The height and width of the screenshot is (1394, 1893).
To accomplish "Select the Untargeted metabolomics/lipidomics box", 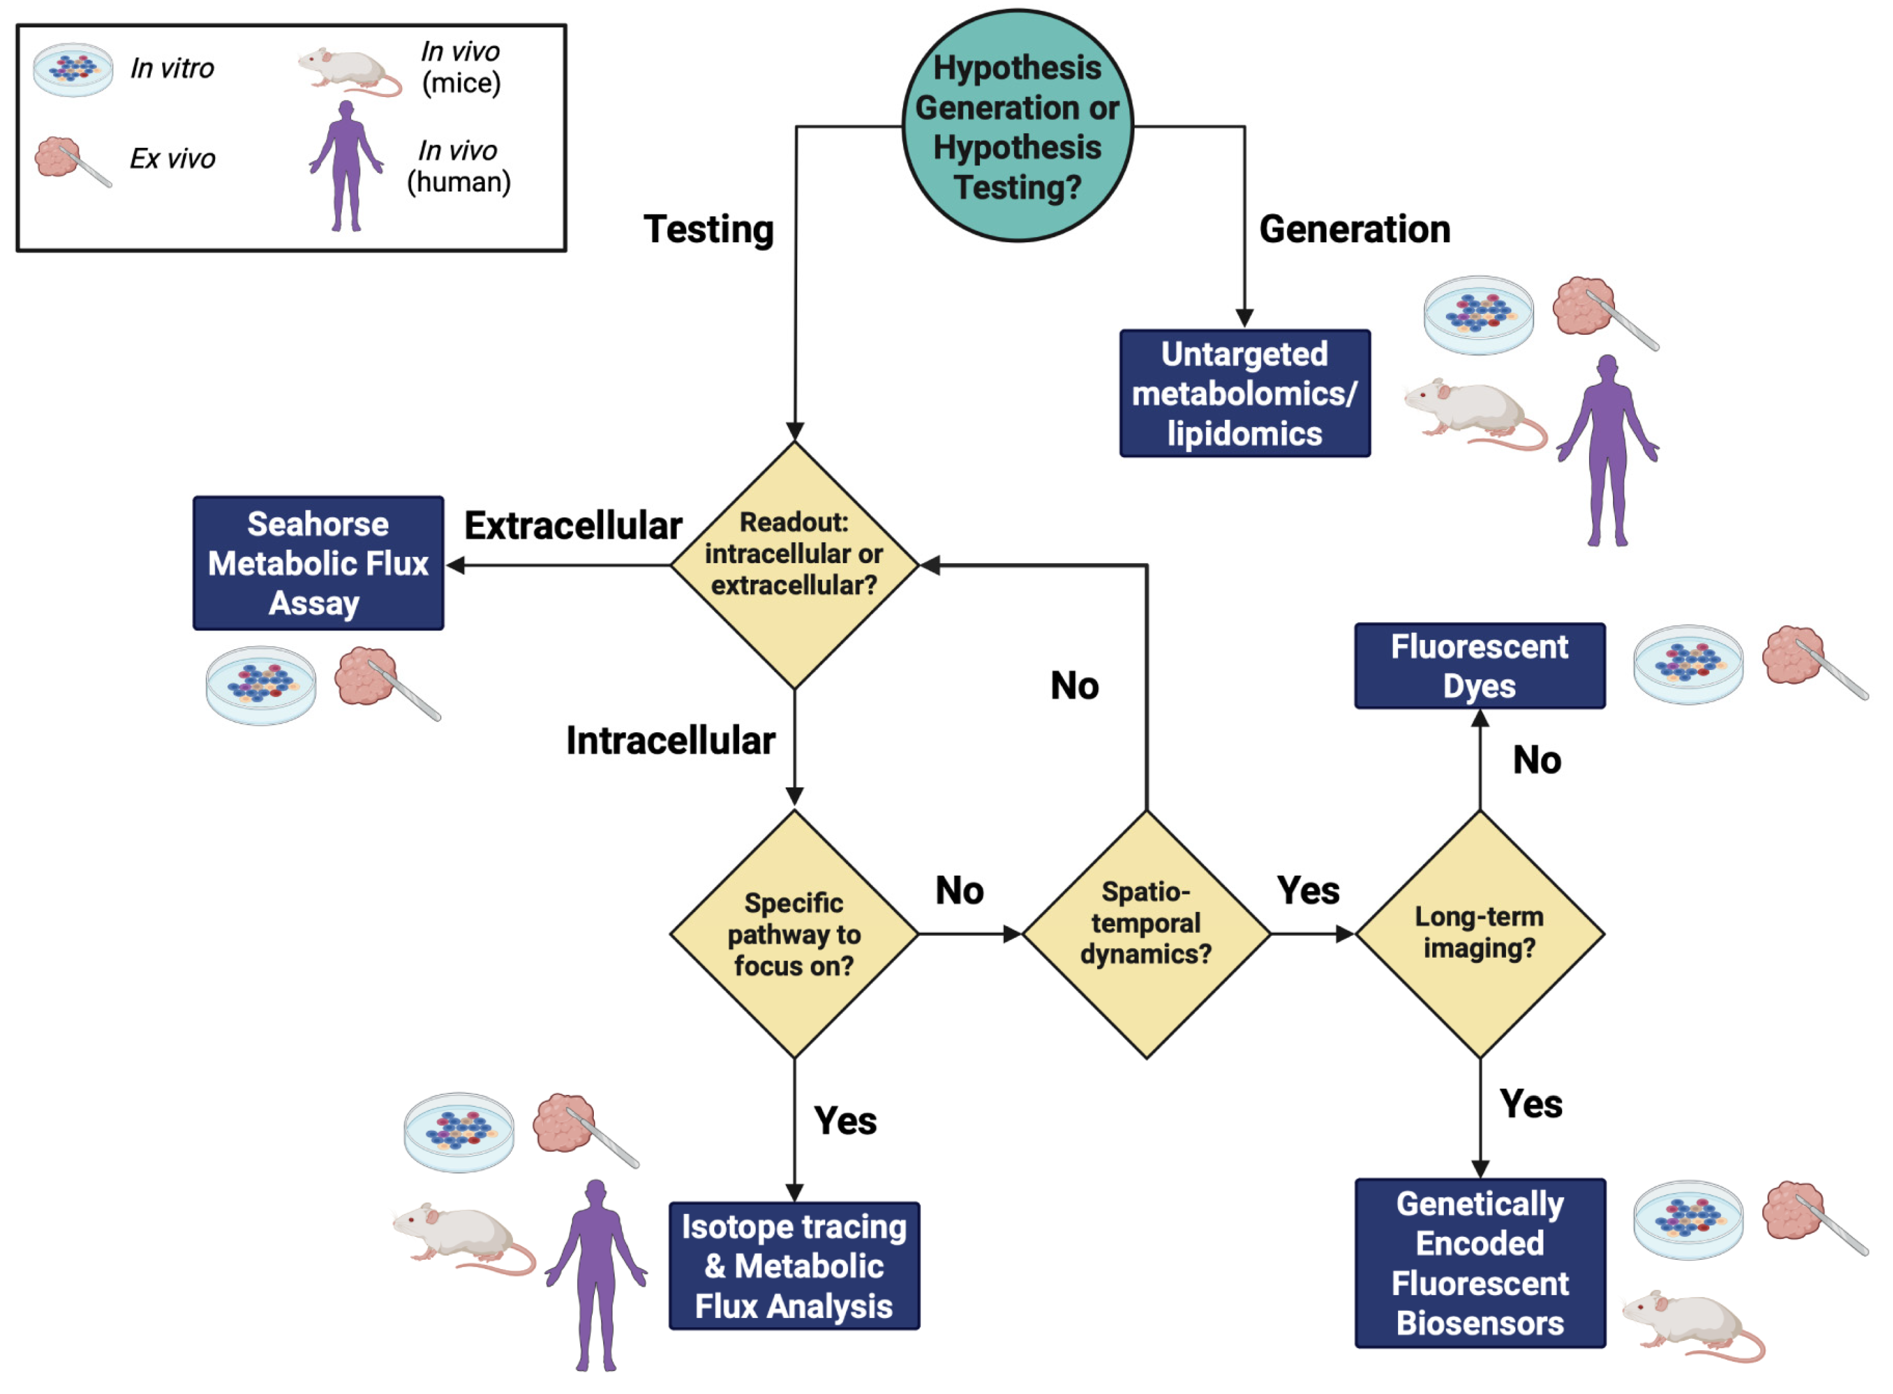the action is (1244, 393).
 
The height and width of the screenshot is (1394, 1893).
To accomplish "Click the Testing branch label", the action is (709, 229).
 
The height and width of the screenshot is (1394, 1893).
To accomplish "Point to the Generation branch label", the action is (1355, 229).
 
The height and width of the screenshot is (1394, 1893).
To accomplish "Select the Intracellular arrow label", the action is (670, 740).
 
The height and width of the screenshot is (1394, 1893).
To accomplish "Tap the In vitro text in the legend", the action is (172, 68).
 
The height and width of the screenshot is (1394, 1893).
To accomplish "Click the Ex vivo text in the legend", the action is (172, 159).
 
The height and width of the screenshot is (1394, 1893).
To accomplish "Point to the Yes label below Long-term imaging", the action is (1530, 1104).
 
